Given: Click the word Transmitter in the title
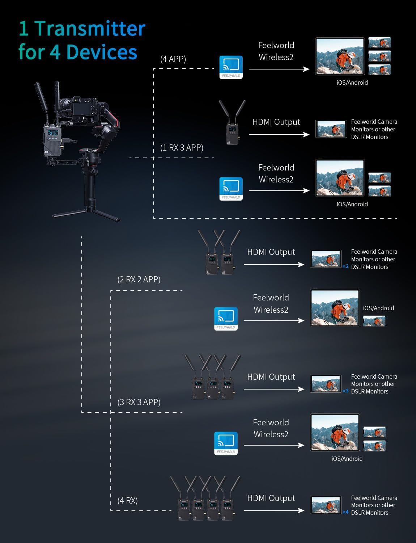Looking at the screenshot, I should coord(90,28).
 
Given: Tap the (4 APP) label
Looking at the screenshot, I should coord(173,59).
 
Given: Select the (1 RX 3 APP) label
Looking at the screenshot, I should coord(182,148).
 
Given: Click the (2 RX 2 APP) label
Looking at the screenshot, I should coord(139,279).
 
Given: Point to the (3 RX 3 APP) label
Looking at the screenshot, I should coord(139,402).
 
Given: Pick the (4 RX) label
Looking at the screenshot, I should coord(127,501).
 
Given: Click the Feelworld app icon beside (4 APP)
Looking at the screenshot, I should coord(231,67).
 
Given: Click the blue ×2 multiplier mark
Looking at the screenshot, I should coord(345,266).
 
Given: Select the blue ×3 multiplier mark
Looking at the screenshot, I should coord(345,391).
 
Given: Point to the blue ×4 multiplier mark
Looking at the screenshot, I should coord(345,512).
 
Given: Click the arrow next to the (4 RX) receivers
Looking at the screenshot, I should coord(274,510).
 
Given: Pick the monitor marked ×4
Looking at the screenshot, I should coord(326,505).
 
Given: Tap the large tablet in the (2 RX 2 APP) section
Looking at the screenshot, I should coord(335,308).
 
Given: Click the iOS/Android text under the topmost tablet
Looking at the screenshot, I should coord(352,83).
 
